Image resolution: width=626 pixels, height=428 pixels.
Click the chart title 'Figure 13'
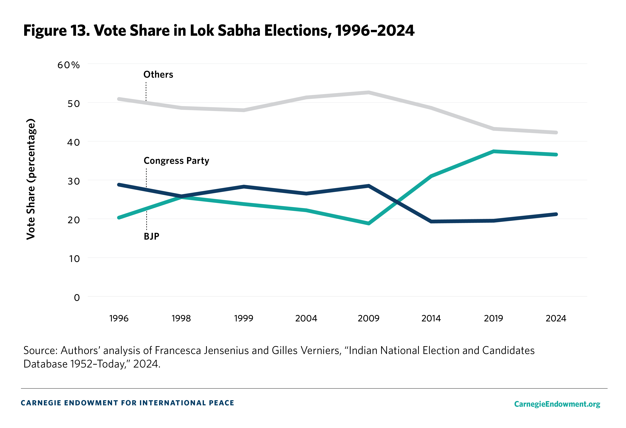pyautogui.click(x=57, y=30)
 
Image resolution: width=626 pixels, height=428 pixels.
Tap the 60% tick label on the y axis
pyautogui.click(x=68, y=65)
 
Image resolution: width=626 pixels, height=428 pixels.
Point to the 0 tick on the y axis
pyautogui.click(x=77, y=297)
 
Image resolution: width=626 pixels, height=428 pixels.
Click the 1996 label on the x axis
pyautogui.click(x=119, y=318)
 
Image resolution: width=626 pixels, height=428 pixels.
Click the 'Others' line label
pyautogui.click(x=158, y=75)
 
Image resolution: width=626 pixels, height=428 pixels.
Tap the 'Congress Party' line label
pyautogui.click(x=176, y=161)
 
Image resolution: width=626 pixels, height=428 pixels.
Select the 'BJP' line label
pyautogui.click(x=151, y=236)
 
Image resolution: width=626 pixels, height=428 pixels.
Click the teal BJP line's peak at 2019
pyautogui.click(x=493, y=151)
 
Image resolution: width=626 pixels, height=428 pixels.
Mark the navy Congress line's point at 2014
pyautogui.click(x=431, y=221)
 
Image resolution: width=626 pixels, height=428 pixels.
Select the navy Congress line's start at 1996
pyautogui.click(x=119, y=185)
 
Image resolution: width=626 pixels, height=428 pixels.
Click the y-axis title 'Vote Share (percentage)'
pyautogui.click(x=31, y=179)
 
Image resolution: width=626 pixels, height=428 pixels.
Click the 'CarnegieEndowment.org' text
pyautogui.click(x=557, y=404)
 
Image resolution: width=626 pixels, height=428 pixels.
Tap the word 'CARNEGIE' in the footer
pyautogui.click(x=40, y=403)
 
